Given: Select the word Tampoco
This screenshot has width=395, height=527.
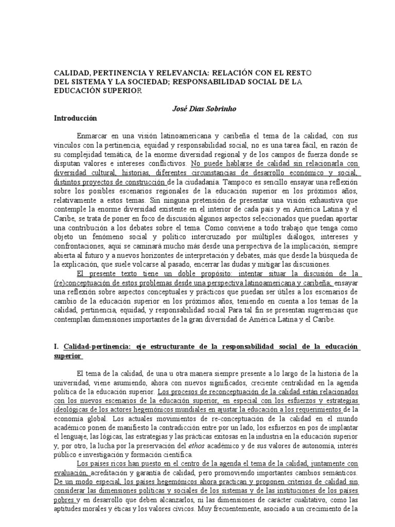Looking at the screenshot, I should point(237,182).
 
